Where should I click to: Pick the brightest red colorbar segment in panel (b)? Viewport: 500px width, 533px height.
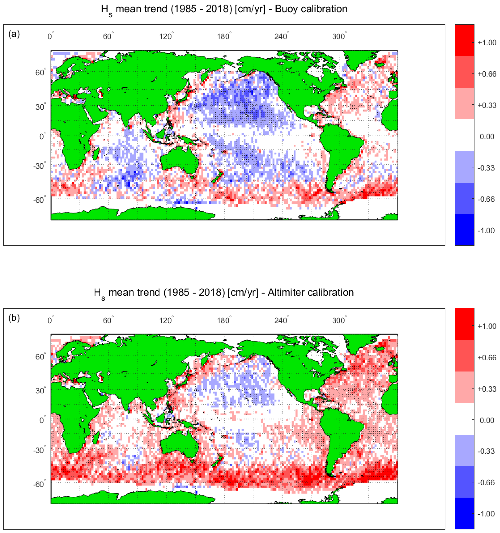[x=464, y=324]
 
